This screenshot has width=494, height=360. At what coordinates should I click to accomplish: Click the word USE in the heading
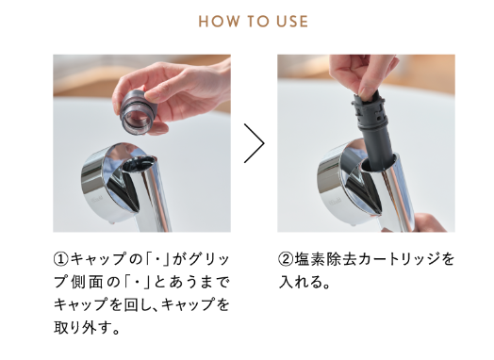(292, 22)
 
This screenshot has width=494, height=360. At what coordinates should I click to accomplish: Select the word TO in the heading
(257, 22)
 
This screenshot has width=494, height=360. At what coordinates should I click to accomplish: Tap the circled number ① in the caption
(61, 259)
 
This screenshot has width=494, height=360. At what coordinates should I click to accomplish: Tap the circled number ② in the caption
(286, 259)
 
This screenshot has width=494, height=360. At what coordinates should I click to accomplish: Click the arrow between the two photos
(254, 143)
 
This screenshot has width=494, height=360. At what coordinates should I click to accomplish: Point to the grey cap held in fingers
(138, 112)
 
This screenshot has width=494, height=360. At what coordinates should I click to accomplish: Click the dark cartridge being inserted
(374, 132)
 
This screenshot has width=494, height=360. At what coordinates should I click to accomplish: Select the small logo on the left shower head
(97, 202)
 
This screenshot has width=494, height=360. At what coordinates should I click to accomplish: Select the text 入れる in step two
(301, 282)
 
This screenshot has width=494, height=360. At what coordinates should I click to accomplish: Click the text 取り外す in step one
(83, 328)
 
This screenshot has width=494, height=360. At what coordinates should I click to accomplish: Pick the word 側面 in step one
(88, 282)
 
